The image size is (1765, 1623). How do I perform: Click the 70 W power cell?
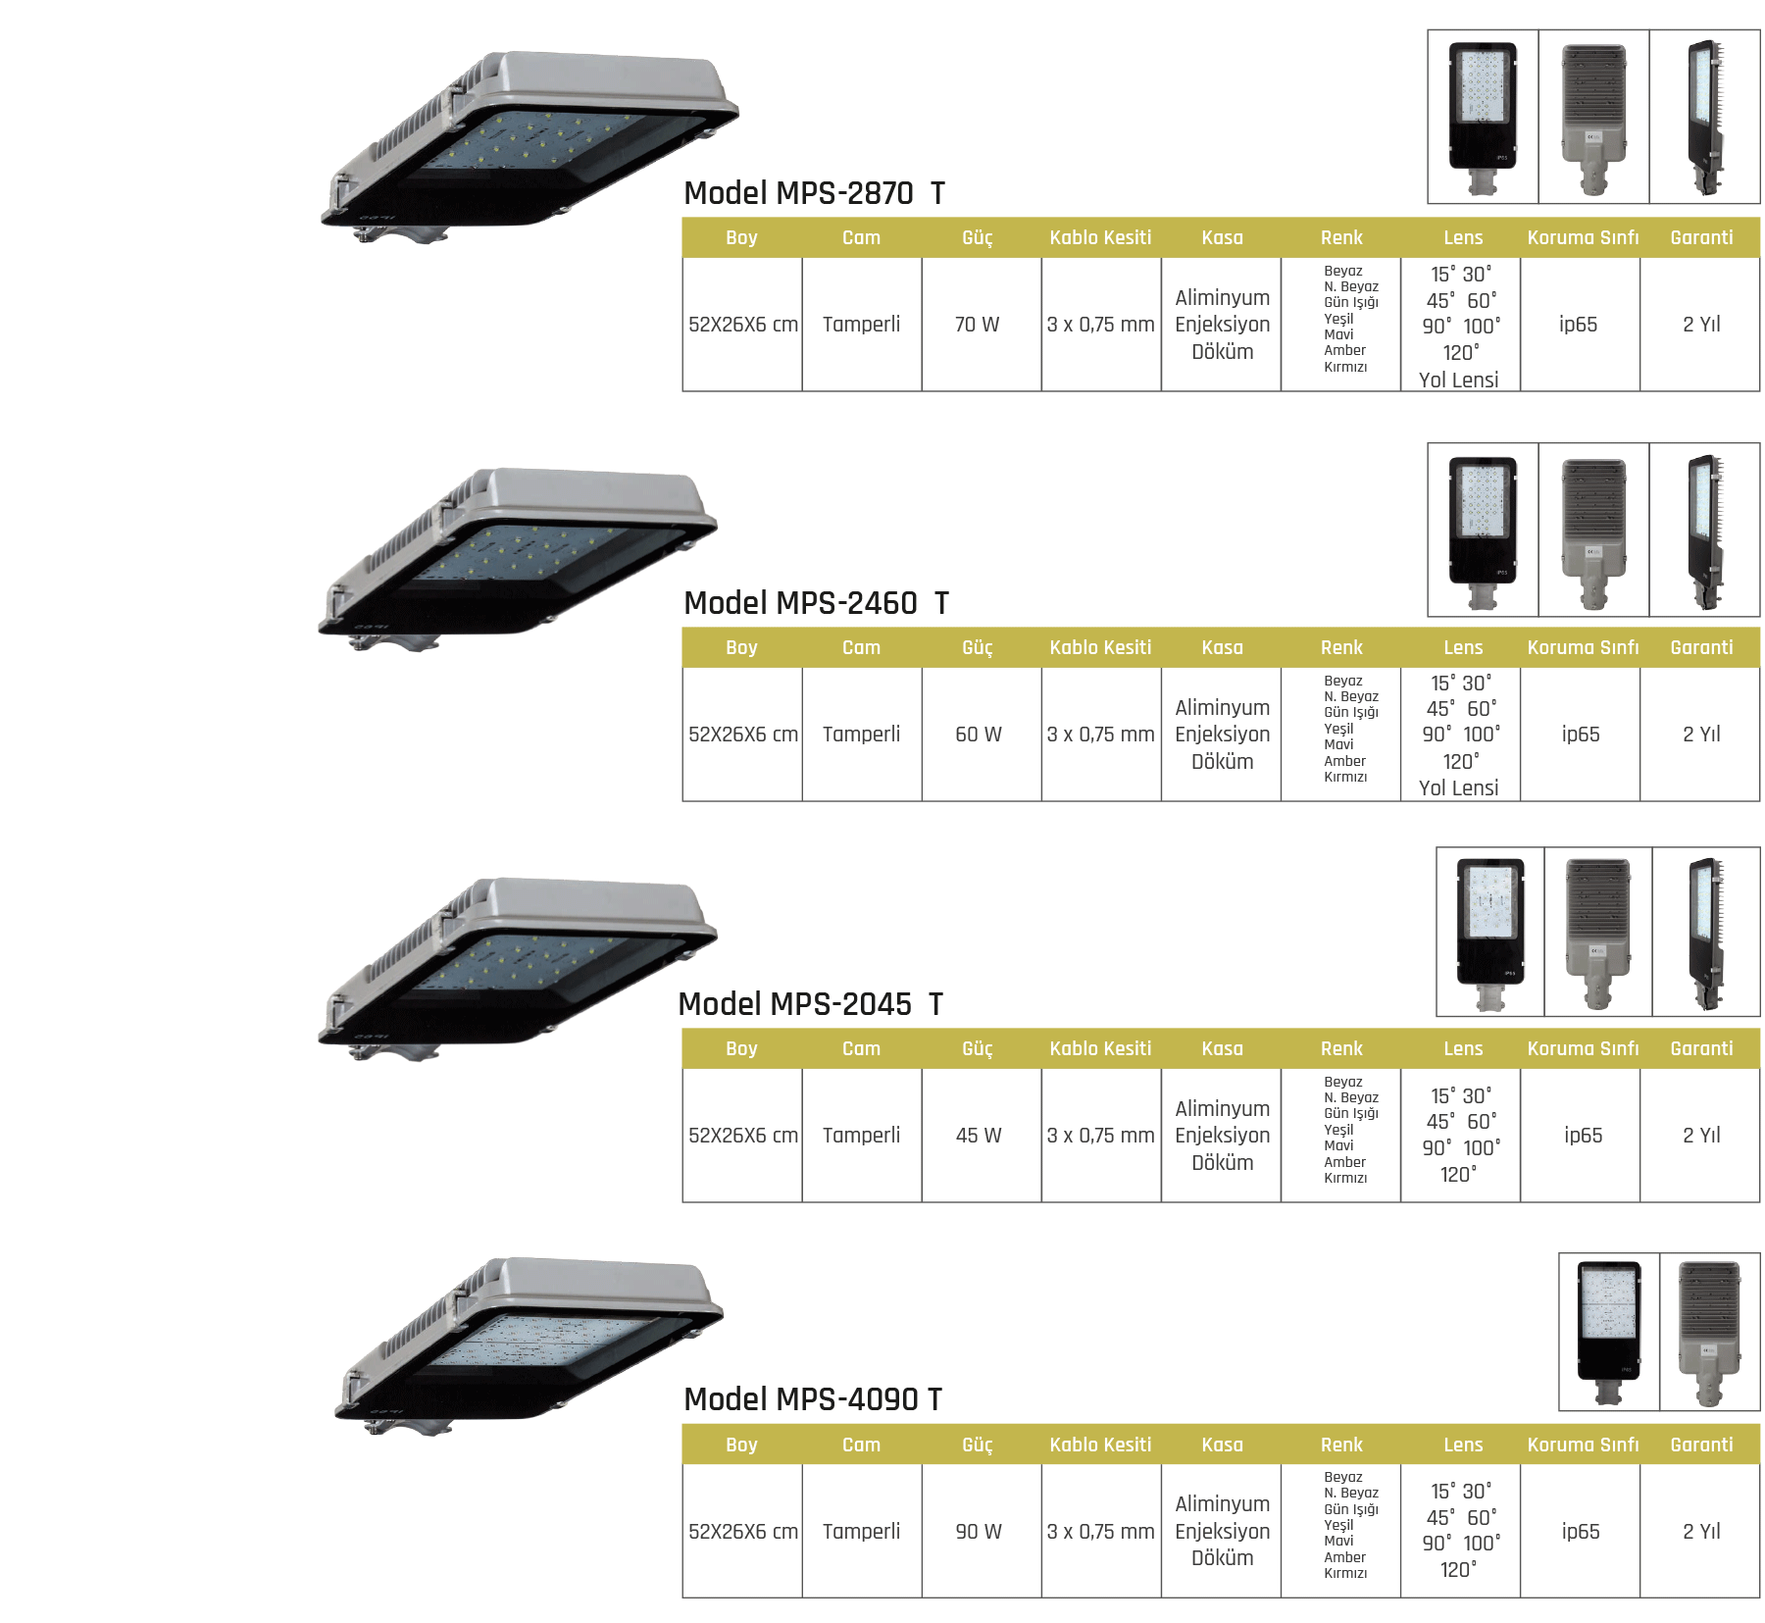coord(977,325)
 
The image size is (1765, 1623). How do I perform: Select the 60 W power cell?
coord(978,735)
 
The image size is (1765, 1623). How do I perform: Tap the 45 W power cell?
coord(978,1136)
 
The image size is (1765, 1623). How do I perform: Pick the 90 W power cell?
coord(978,1532)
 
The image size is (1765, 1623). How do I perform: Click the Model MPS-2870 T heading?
coord(814,193)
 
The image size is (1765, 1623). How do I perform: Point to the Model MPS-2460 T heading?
coord(816,603)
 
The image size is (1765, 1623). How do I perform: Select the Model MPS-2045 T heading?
coord(810,1004)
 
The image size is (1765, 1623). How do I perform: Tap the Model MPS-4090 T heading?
coord(812,1399)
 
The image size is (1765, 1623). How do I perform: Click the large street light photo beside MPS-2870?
coord(529,147)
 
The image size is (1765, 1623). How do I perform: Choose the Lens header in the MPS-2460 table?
coord(1462,648)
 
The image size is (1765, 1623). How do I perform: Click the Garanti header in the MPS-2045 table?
coord(1701,1049)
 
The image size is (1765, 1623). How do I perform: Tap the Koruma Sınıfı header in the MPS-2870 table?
coord(1582,238)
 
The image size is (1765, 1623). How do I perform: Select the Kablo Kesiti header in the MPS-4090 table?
coord(1100,1445)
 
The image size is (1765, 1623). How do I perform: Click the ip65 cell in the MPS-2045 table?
coord(1583,1136)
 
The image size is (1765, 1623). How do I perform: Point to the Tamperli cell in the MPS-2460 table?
coord(861,735)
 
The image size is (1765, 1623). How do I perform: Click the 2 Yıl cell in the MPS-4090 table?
coord(1701,1532)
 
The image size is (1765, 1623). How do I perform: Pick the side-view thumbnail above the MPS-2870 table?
coord(1705,118)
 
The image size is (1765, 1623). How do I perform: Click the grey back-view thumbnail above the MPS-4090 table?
coord(1710,1332)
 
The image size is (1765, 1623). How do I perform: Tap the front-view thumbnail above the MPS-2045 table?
coord(1490,932)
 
